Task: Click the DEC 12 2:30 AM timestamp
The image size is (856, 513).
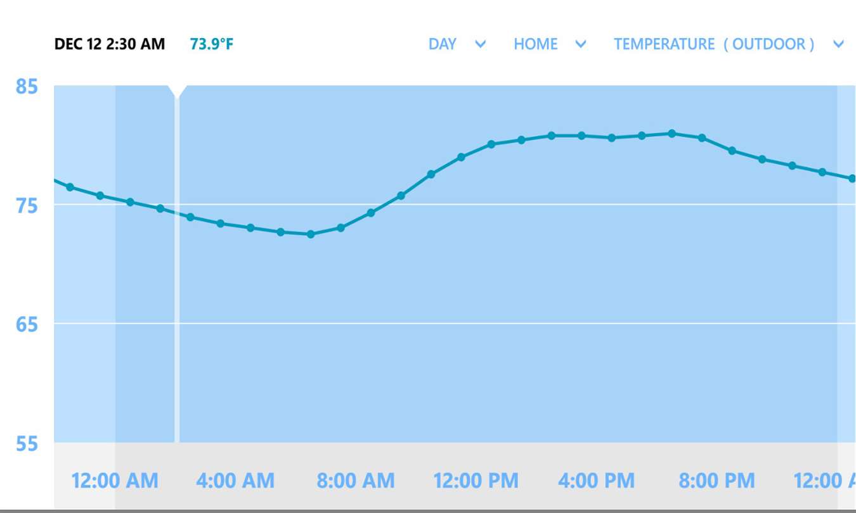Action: click(110, 44)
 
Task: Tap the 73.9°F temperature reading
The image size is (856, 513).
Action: click(211, 44)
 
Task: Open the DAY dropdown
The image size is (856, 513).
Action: click(443, 44)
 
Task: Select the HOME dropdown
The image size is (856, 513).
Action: click(536, 44)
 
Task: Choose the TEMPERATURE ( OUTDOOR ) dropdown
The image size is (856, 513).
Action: click(714, 44)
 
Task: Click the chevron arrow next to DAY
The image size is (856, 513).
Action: click(481, 44)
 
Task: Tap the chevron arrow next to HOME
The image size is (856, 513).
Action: click(580, 44)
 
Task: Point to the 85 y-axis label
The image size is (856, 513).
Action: click(27, 86)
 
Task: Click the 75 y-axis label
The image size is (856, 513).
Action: click(27, 206)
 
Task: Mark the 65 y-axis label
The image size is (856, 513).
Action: click(27, 325)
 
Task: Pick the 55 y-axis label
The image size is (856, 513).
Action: click(27, 444)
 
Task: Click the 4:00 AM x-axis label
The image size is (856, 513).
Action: click(235, 481)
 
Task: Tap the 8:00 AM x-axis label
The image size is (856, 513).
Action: click(356, 481)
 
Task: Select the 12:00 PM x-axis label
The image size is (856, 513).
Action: click(476, 481)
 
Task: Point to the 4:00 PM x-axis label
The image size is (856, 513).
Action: click(596, 481)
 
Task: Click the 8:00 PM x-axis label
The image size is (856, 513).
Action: click(717, 481)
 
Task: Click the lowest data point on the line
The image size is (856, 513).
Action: click(311, 234)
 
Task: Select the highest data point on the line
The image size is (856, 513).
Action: click(672, 134)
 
